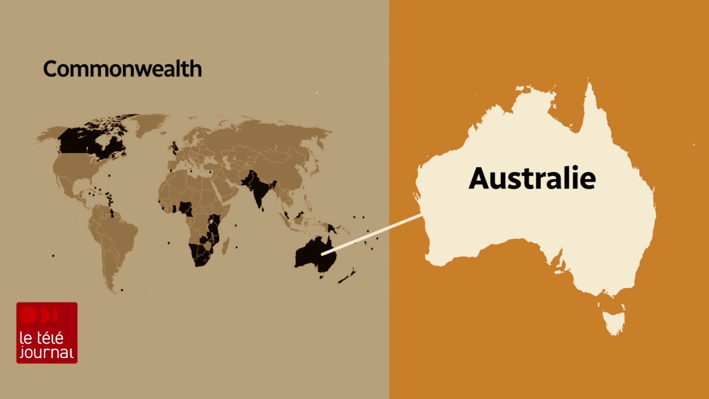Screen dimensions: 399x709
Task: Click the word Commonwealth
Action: point(122,69)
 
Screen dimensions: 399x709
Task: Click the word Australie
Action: point(532,178)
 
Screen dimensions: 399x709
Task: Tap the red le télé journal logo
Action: point(47,332)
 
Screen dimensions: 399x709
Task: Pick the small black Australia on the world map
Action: point(313,255)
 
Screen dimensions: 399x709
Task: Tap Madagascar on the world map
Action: point(225,245)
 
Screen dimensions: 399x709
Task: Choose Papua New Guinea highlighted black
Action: point(332,227)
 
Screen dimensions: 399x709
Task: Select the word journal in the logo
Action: point(47,352)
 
